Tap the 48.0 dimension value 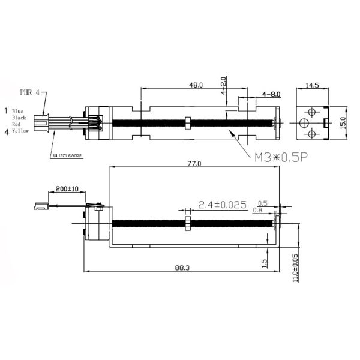(196, 85)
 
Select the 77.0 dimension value (194, 164)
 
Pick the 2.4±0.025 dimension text (223, 205)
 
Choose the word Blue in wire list (17, 111)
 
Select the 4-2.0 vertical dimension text (223, 86)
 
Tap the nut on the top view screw (188, 122)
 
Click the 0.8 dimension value (257, 210)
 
